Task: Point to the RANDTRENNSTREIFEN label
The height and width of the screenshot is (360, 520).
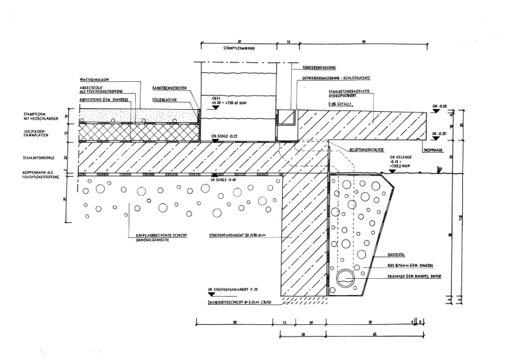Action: (170, 87)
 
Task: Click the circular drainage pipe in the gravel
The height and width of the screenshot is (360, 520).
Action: (346, 278)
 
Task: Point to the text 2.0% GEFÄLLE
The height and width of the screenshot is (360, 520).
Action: (343, 103)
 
